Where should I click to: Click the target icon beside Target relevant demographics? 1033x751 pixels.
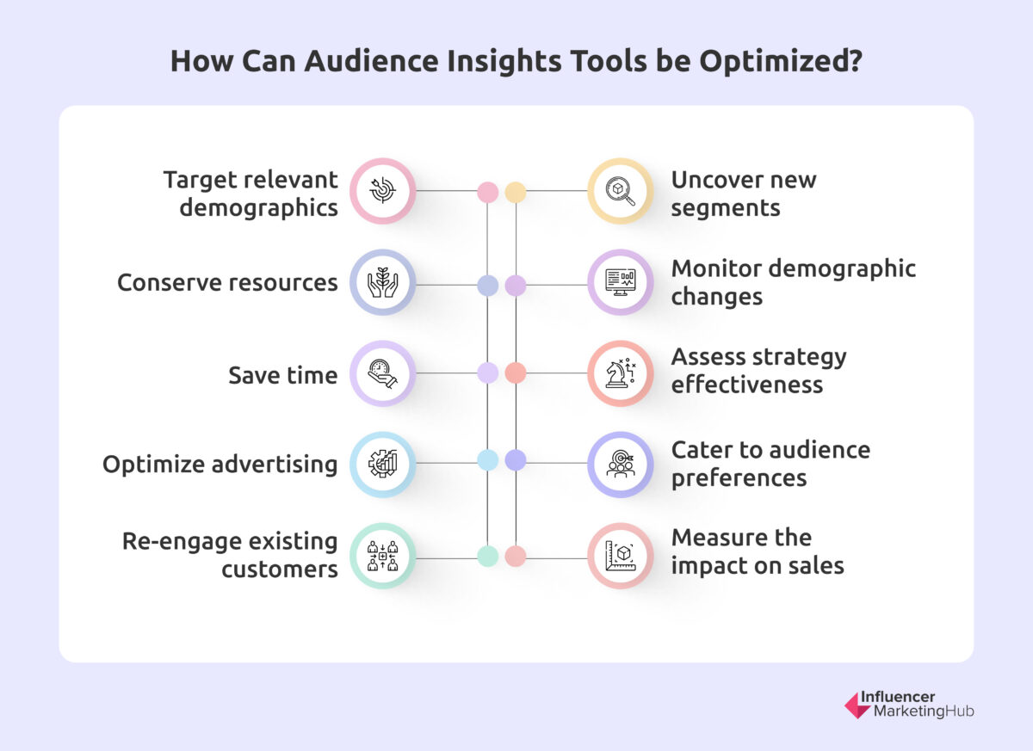pyautogui.click(x=382, y=191)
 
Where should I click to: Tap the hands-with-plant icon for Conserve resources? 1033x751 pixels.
pyautogui.click(x=382, y=283)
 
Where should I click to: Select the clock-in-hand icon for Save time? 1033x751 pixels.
pyautogui.click(x=382, y=374)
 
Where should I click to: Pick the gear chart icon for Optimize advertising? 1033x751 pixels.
pyautogui.click(x=382, y=465)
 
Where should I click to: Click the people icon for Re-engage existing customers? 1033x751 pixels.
pyautogui.click(x=382, y=556)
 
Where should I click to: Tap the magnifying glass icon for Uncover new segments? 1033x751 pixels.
pyautogui.click(x=621, y=191)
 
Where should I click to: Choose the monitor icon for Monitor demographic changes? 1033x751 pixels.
pyautogui.click(x=621, y=283)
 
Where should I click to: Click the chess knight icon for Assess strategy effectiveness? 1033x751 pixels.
pyautogui.click(x=621, y=374)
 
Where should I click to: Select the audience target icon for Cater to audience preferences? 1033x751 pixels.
pyautogui.click(x=621, y=465)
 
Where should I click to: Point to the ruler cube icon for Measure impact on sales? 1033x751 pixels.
pyautogui.click(x=621, y=556)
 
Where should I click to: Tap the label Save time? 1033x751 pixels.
pyautogui.click(x=282, y=375)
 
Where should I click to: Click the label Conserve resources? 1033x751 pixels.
pyautogui.click(x=227, y=283)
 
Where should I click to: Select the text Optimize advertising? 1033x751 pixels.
pyautogui.click(x=220, y=465)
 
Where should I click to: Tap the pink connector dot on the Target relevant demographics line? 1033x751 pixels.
pyautogui.click(x=487, y=192)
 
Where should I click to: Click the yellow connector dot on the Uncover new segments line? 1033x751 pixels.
pyautogui.click(x=515, y=192)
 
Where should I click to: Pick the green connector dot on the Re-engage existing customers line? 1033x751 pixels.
pyautogui.click(x=487, y=557)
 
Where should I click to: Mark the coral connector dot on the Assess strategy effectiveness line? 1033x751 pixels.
pyautogui.click(x=515, y=372)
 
